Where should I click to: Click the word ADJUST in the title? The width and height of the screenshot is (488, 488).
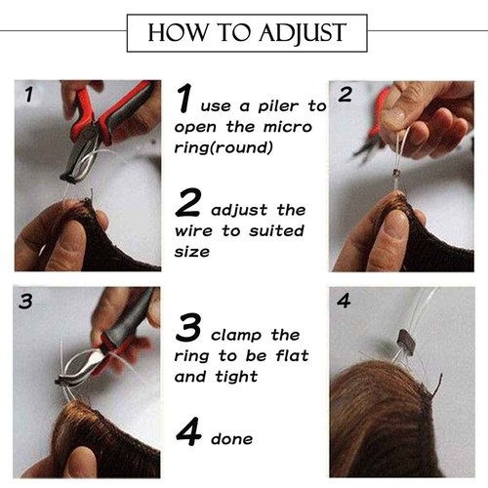302,33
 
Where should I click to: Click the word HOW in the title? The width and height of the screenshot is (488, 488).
178,32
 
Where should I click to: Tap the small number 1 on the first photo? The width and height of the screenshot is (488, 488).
29,95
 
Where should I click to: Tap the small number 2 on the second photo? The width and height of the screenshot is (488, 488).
346,95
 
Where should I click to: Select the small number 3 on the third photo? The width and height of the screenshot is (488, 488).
25,301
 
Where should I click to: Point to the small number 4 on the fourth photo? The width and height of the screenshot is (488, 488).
344,301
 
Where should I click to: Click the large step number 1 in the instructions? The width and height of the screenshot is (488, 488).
184,98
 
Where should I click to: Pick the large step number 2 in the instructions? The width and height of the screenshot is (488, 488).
187,202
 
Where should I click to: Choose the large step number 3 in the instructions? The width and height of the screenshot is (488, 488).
188,327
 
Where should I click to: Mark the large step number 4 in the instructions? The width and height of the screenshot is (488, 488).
188,431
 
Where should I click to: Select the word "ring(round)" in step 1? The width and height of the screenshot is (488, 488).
224,148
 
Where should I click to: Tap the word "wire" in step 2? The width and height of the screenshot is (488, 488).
193,231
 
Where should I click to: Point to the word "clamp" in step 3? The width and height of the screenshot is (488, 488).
236,336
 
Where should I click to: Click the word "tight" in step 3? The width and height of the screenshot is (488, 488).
236,377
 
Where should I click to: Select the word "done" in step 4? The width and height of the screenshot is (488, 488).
231,439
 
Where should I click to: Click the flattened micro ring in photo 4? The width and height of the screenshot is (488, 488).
406,343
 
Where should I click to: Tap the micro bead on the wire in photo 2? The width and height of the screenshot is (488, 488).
395,173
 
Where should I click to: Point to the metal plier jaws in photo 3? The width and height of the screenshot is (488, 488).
81,367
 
